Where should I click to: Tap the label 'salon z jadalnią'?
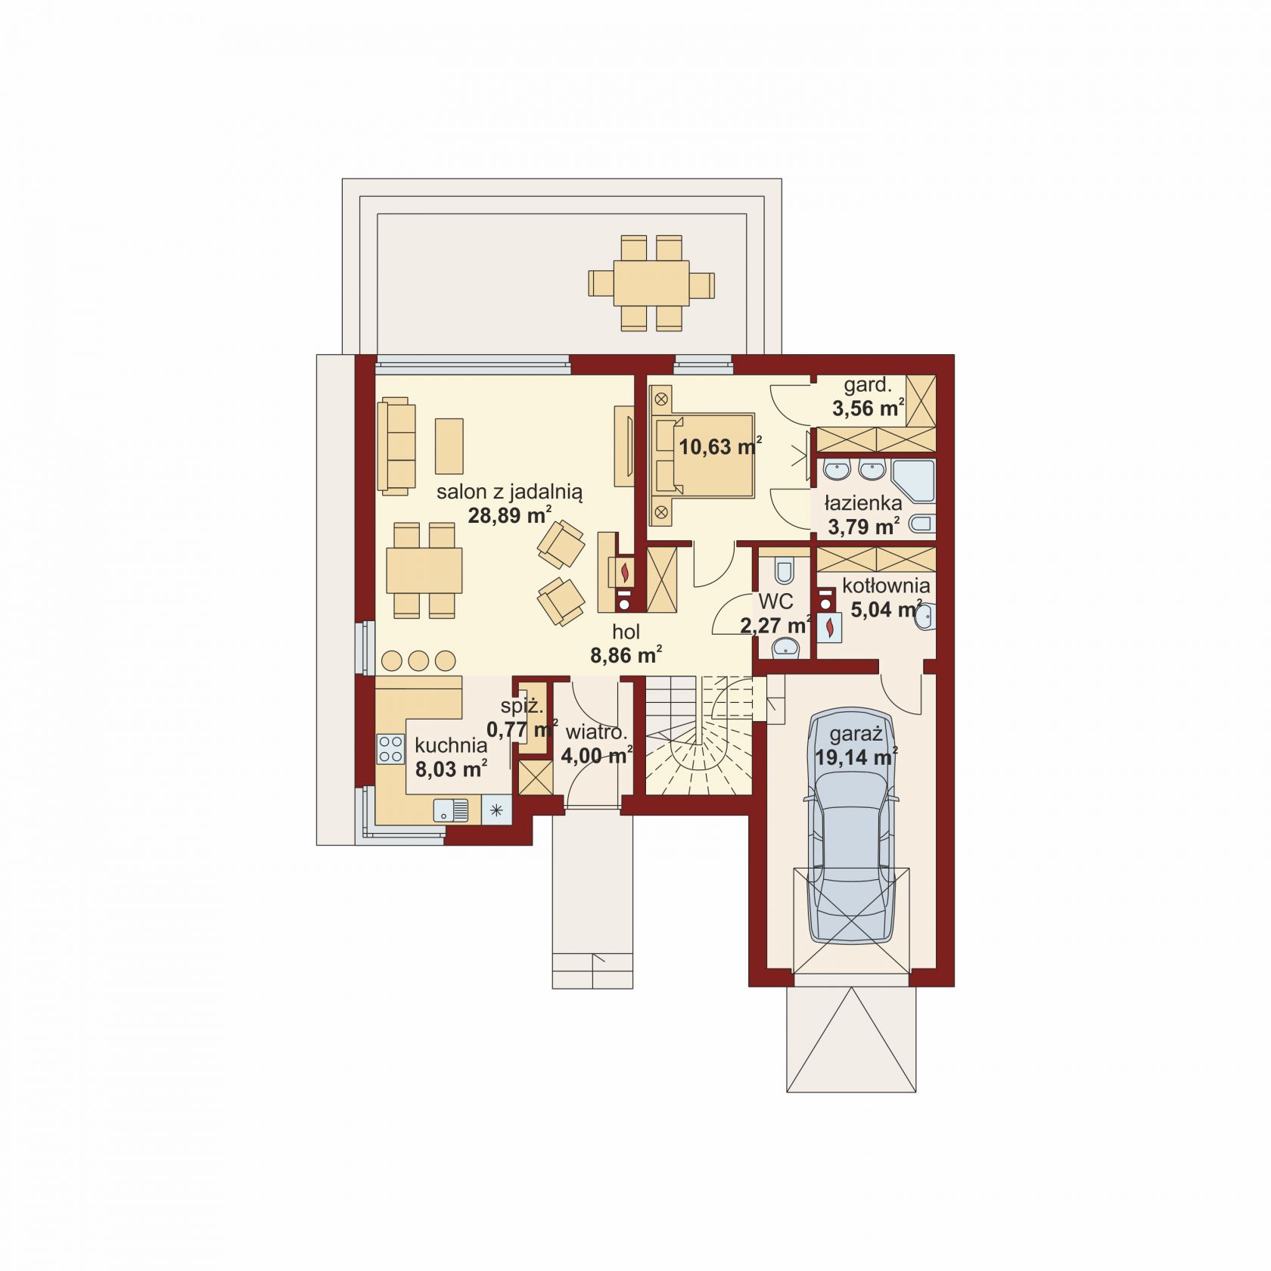pyautogui.click(x=509, y=492)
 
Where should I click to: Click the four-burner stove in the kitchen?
pyautogui.click(x=391, y=749)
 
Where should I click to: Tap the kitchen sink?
pyautogui.click(x=451, y=810)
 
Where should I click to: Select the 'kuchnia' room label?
pyautogui.click(x=451, y=745)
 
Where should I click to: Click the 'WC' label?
pyautogui.click(x=776, y=602)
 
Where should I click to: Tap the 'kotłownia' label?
pyautogui.click(x=886, y=586)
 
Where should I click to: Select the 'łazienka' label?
pyautogui.click(x=863, y=503)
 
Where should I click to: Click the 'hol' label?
pyautogui.click(x=626, y=632)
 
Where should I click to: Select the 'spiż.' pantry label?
pyautogui.click(x=522, y=707)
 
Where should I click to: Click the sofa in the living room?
pyautogui.click(x=397, y=447)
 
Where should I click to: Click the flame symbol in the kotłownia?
pyautogui.click(x=831, y=627)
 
